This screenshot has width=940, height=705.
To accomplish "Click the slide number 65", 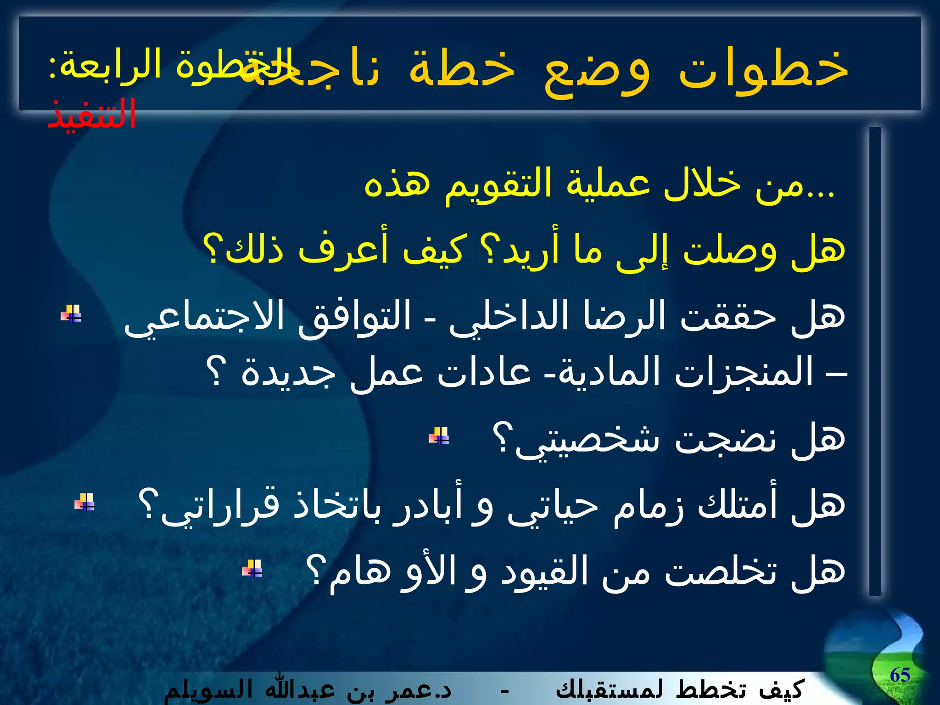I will point(900,675).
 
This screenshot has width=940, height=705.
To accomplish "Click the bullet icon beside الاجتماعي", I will point(71,314).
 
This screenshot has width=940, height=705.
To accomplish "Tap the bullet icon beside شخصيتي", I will point(439,436).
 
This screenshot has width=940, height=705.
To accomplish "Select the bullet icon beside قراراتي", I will point(85,502).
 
